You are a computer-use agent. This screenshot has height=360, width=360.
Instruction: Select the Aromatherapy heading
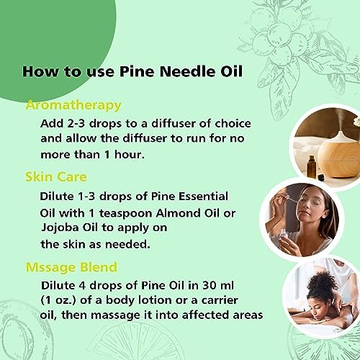click(73, 106)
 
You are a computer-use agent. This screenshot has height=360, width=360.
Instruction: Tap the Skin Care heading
click(56, 177)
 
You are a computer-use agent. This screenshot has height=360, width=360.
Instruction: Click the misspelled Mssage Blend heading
click(71, 268)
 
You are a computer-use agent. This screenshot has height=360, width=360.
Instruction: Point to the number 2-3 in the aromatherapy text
click(76, 124)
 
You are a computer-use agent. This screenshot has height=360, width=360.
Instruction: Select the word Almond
click(178, 213)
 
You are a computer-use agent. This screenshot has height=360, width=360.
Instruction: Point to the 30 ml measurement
click(217, 285)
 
